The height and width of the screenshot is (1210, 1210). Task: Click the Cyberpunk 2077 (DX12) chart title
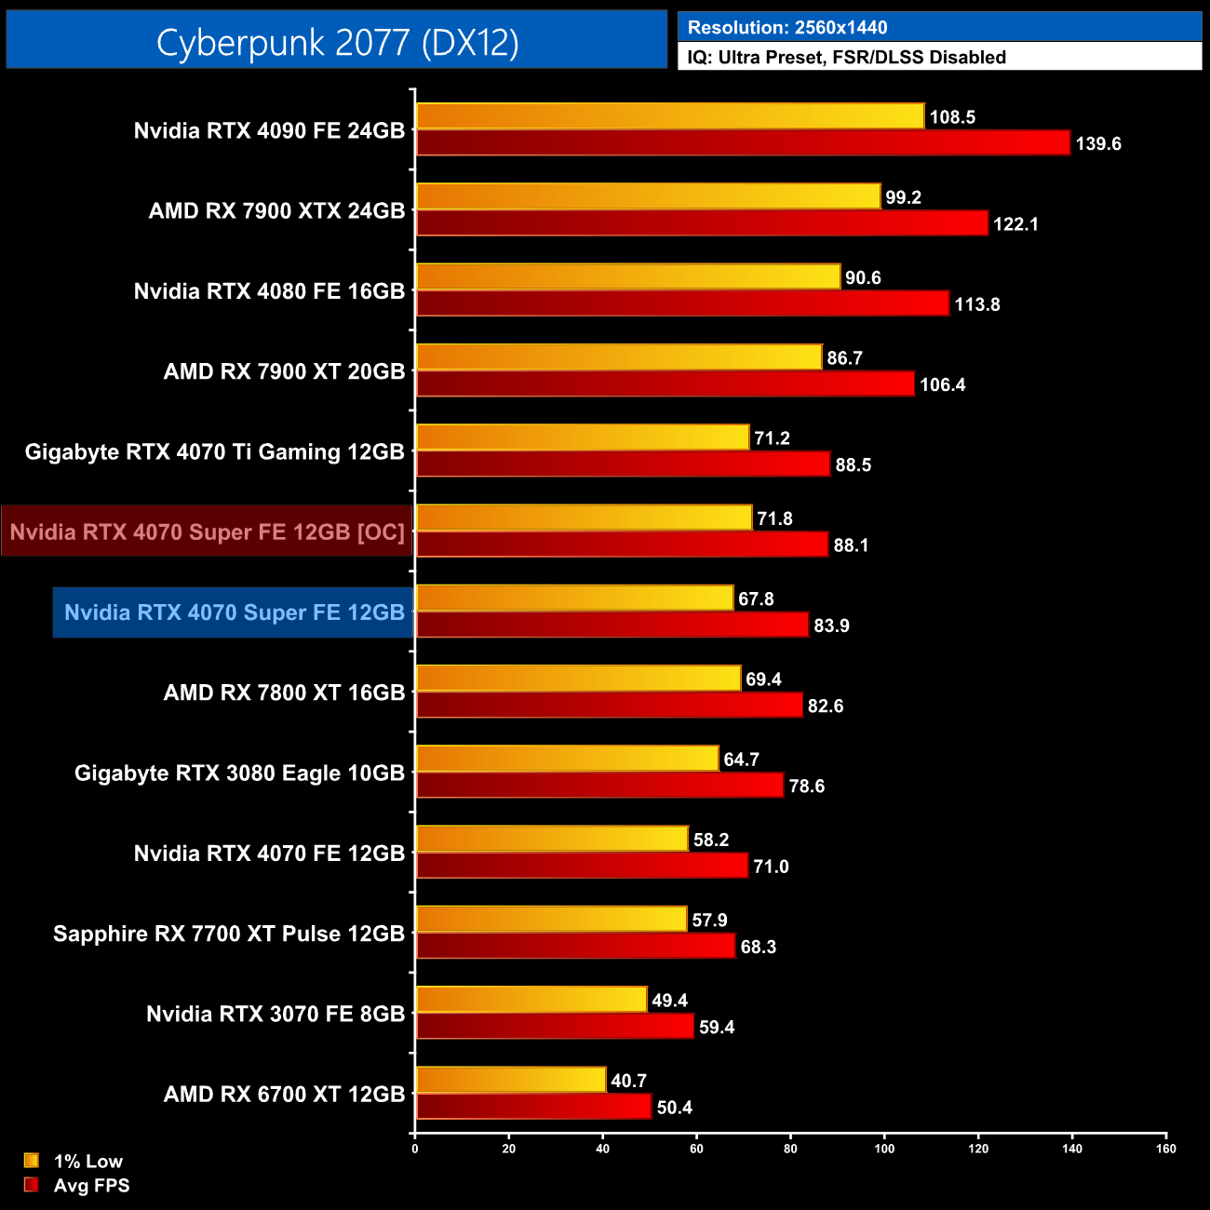click(337, 42)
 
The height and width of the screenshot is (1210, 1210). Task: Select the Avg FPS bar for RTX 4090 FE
click(743, 143)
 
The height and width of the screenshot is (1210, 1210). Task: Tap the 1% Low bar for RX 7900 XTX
click(648, 196)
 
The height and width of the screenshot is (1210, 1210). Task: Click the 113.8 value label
click(976, 304)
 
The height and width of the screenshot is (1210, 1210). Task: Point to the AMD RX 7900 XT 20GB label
click(284, 371)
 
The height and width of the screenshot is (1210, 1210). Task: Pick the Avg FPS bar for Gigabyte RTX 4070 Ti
click(623, 464)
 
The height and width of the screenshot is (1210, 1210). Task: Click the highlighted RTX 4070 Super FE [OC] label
click(207, 531)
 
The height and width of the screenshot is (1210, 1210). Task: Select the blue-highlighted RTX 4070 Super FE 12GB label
click(234, 612)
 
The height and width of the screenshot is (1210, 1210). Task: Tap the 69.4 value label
click(763, 679)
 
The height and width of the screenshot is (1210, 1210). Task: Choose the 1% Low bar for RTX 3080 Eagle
click(567, 759)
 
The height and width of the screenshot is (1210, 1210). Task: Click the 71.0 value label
click(771, 867)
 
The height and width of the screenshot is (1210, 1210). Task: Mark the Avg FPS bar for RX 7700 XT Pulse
click(575, 947)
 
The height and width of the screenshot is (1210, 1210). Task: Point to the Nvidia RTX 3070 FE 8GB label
click(276, 1014)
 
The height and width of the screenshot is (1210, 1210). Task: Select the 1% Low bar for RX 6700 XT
click(510, 1080)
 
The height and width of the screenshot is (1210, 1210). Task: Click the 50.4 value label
click(675, 1108)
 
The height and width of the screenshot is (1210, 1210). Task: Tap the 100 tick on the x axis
click(884, 1149)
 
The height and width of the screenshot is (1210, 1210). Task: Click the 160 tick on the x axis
click(1166, 1149)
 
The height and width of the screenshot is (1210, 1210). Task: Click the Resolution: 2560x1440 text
click(787, 28)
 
